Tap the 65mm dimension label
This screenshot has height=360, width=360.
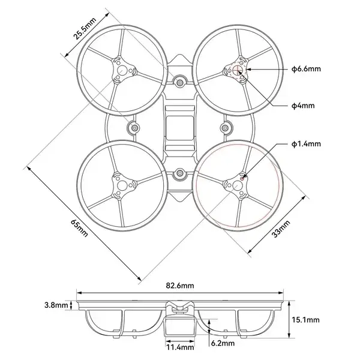79,229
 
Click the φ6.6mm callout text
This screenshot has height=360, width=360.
306,69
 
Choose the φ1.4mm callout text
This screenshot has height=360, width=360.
306,144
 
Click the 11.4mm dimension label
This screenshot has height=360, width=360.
180,347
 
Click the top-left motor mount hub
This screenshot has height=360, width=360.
122,71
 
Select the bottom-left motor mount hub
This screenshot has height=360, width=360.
122,187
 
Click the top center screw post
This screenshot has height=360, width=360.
180,80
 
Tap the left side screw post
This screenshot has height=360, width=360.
134,128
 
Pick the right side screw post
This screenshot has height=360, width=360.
227,128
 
